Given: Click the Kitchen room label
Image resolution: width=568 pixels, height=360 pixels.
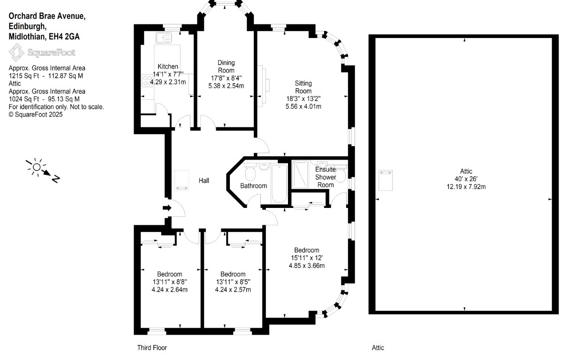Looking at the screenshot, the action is click(167, 67).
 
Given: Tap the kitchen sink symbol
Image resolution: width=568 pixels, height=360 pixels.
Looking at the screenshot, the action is click(164, 38).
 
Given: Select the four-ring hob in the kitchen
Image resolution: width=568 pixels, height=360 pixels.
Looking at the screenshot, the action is click(147, 80).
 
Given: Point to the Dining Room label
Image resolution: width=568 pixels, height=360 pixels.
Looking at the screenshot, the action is click(226, 67).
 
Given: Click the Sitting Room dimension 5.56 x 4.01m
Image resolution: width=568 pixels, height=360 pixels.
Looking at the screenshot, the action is click(303, 107).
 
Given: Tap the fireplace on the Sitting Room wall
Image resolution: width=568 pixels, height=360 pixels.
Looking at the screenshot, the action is click(264, 86).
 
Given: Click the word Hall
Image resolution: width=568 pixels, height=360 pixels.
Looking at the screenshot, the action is click(204, 181).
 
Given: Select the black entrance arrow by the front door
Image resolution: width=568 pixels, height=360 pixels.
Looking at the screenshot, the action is click(167, 208).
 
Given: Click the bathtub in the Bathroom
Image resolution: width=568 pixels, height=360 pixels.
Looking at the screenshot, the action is click(279, 184).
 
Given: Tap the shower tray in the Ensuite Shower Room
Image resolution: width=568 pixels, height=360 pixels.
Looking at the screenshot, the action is click(300, 175).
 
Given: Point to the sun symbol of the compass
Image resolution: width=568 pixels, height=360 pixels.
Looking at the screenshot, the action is click(37, 167).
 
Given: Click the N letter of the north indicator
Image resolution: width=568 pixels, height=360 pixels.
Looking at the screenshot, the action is click(56, 179).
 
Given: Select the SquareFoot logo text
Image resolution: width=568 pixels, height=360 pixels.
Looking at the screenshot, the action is click(51, 53).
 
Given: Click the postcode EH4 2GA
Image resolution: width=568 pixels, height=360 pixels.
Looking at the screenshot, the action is click(64, 37).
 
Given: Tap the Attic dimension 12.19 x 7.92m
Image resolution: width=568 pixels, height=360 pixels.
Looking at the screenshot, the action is click(466, 187).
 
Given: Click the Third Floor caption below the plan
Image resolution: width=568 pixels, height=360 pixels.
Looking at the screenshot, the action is click(152, 348).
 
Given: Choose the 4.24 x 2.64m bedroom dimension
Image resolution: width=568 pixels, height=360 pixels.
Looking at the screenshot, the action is click(170, 290).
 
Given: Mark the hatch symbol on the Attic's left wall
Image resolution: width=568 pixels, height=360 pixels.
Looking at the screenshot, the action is click(386, 180).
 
